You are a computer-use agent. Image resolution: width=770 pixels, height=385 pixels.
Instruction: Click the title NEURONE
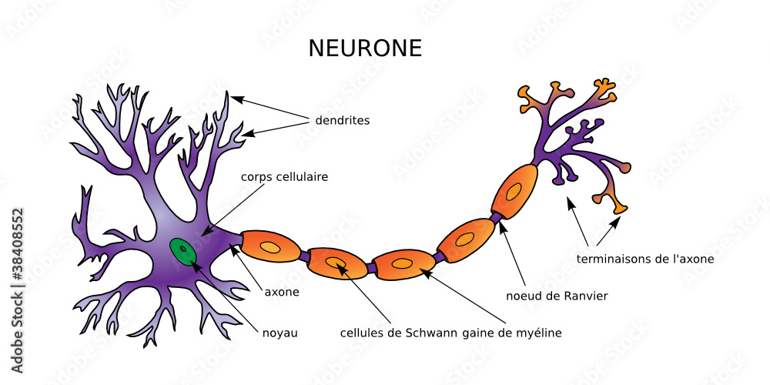(x=365, y=49)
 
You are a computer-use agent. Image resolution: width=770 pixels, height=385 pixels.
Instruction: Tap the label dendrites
(x=342, y=121)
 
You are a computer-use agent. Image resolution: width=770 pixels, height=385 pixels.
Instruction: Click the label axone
(x=282, y=293)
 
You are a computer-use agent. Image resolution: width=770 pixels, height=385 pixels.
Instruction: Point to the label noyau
(x=280, y=333)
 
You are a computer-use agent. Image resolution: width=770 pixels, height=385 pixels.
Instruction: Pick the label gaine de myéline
(x=512, y=333)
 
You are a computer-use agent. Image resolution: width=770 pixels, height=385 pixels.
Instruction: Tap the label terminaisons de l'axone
(x=645, y=259)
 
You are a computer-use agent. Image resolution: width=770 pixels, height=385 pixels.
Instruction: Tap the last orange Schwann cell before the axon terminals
(x=514, y=188)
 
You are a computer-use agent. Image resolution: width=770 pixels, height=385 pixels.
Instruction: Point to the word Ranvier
(x=586, y=296)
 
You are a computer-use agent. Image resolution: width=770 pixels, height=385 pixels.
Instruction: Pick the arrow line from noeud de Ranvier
(x=514, y=253)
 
